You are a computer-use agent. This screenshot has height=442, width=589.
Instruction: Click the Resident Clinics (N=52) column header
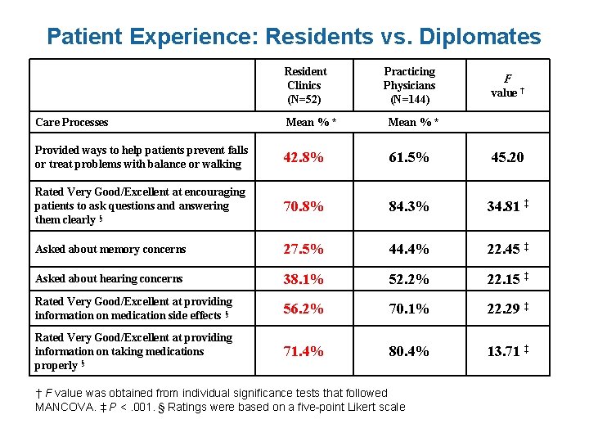pyautogui.click(x=304, y=85)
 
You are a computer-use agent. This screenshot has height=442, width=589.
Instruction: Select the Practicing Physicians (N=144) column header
pyautogui.click(x=409, y=85)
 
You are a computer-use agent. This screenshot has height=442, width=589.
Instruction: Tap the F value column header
pyautogui.click(x=506, y=86)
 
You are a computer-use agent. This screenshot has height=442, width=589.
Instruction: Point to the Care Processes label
pyautogui.click(x=72, y=122)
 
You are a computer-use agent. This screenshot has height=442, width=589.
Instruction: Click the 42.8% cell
pyautogui.click(x=303, y=157)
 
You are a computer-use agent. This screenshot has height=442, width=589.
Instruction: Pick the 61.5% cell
pyautogui.click(x=409, y=157)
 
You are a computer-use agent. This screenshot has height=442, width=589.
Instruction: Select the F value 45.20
pyautogui.click(x=507, y=157)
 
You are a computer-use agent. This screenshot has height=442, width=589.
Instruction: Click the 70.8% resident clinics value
pyautogui.click(x=303, y=206)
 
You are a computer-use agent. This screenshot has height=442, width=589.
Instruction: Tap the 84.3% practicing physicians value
pyautogui.click(x=409, y=206)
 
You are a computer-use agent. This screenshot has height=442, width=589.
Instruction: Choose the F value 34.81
pyautogui.click(x=503, y=206)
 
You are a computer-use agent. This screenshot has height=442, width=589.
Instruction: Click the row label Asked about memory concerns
pyautogui.click(x=110, y=250)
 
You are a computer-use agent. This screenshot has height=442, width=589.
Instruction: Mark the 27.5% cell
pyautogui.click(x=303, y=250)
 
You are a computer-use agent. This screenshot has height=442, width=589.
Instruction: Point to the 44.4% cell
pyautogui.click(x=409, y=250)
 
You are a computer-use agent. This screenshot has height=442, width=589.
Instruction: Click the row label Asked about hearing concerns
pyautogui.click(x=109, y=279)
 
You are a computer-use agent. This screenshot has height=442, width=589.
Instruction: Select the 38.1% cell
pyautogui.click(x=303, y=279)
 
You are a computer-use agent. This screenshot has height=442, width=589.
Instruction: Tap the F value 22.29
pyautogui.click(x=503, y=309)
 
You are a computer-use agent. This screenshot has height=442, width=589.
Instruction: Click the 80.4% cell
pyautogui.click(x=409, y=351)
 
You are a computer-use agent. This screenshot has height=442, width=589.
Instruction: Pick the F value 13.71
pyautogui.click(x=503, y=351)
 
